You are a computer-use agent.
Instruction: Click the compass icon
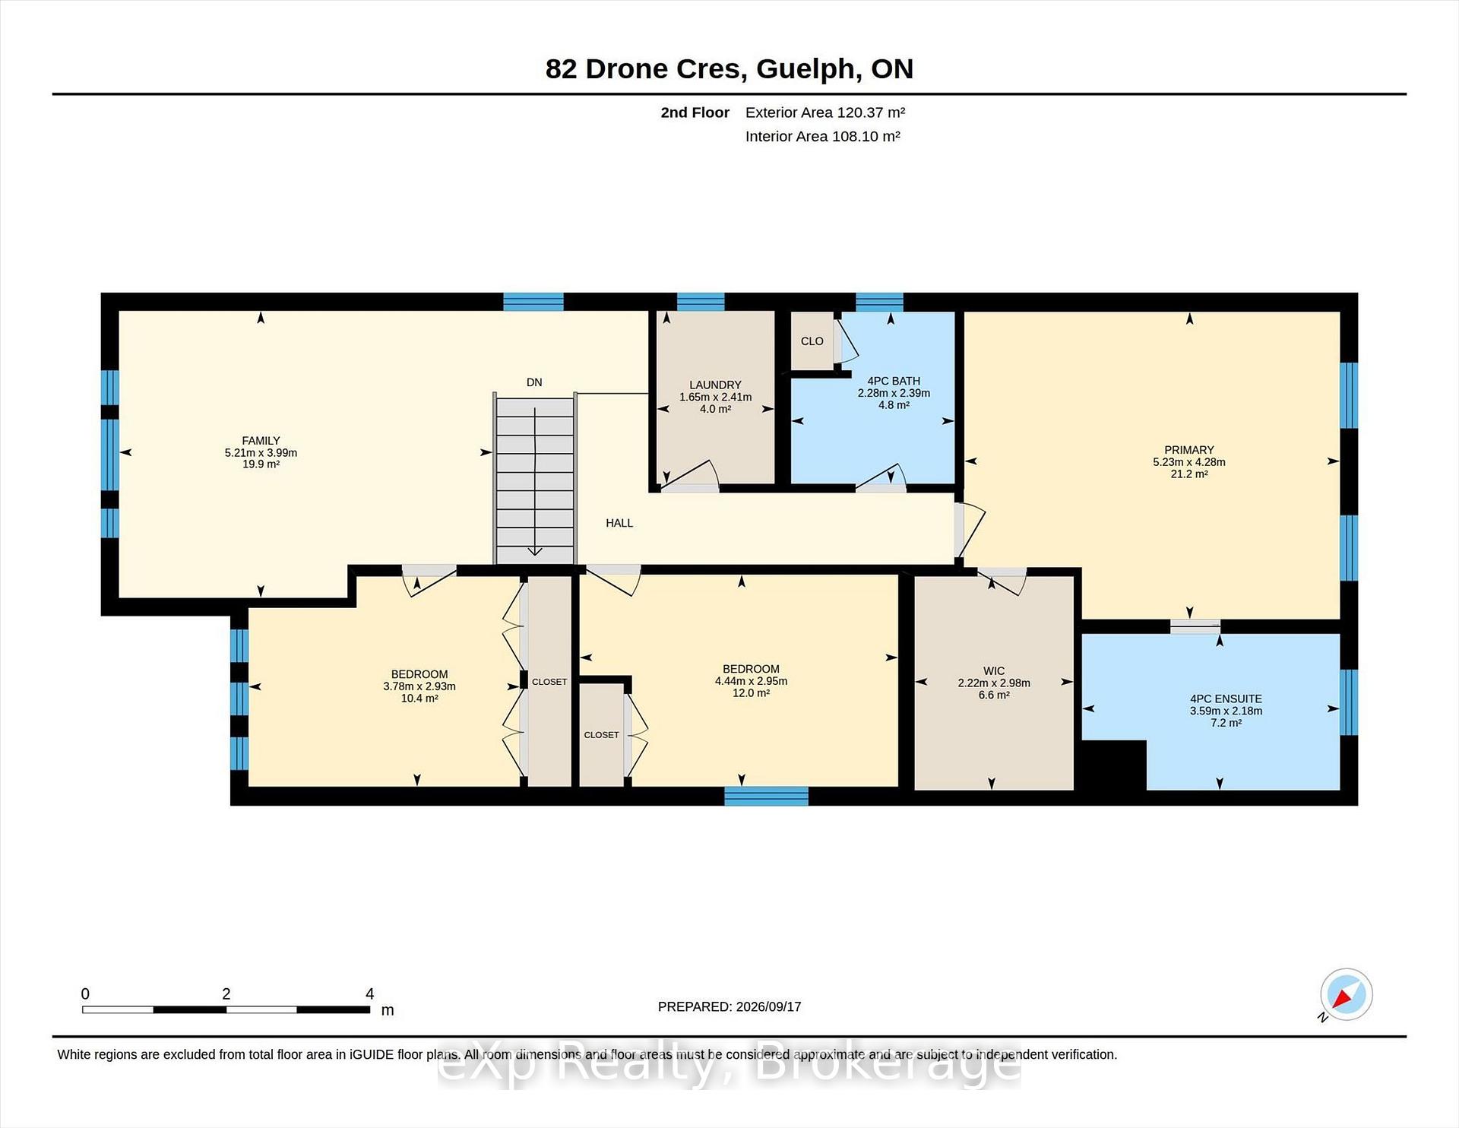[x=1346, y=994]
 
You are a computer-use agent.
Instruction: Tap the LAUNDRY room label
[x=715, y=385]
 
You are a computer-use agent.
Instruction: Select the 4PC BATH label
[x=894, y=381]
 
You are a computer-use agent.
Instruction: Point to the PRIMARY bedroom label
[x=1189, y=450]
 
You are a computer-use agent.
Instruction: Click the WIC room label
[x=994, y=671]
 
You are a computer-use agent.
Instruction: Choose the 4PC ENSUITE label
[x=1226, y=699]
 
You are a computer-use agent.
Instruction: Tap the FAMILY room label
[x=261, y=441]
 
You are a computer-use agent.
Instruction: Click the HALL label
[x=619, y=523]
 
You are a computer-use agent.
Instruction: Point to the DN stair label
[x=534, y=382]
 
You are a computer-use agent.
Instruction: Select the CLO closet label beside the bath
[x=812, y=341]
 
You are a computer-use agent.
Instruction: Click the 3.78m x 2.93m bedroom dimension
[x=419, y=686]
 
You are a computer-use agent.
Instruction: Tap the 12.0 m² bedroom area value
[x=751, y=693]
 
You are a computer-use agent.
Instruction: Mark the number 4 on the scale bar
[x=370, y=993]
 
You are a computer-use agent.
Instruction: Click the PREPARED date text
[x=729, y=1006]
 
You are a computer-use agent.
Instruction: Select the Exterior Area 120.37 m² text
[x=825, y=112]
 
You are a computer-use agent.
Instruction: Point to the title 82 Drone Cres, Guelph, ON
[x=729, y=68]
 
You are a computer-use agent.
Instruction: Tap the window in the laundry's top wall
[x=701, y=302]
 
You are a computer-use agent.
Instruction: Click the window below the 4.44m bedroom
[x=766, y=796]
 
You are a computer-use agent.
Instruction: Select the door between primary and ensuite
[x=1195, y=626]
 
